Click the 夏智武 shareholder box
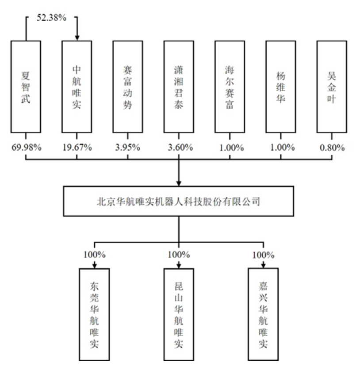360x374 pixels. (26, 87)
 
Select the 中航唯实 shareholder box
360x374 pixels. (77, 87)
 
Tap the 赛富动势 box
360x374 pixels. (128, 87)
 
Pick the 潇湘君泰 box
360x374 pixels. (179, 87)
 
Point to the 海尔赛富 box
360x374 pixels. (230, 87)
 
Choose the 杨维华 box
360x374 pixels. (280, 87)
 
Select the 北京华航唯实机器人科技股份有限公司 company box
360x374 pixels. (179, 202)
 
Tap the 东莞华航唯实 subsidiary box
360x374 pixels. (94, 314)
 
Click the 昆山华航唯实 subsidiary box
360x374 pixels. (179, 314)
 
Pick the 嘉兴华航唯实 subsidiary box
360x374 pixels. (263, 314)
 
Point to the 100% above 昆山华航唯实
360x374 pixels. (179, 255)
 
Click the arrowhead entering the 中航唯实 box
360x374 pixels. (77, 38)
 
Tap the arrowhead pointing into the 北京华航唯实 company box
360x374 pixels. (179, 182)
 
